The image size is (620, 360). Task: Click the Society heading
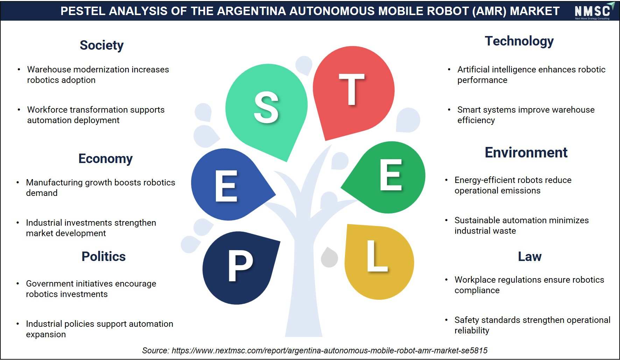[101, 45]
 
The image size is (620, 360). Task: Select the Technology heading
[519, 41]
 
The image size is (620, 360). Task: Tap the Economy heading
[105, 159]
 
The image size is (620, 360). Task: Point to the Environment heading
[526, 153]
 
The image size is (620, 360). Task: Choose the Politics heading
[104, 256]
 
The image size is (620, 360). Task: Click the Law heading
[530, 256]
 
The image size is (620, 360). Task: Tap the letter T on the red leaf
[352, 89]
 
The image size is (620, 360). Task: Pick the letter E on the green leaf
[391, 175]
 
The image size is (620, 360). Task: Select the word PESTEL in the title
[83, 11]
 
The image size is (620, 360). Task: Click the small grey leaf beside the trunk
[329, 257]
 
